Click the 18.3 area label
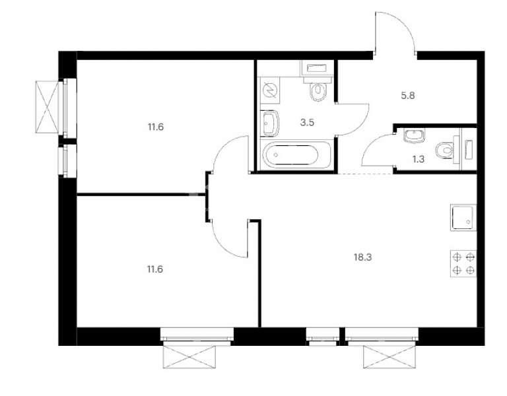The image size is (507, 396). [x=363, y=257]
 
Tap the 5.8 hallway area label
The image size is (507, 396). [x=408, y=96]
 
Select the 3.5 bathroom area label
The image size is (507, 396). [x=307, y=123]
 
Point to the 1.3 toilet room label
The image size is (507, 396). [x=419, y=159]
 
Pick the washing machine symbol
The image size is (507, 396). [x=269, y=90]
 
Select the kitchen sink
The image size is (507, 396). [x=463, y=218]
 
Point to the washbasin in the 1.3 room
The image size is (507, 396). [x=414, y=135]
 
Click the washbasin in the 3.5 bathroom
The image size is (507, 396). [x=270, y=123]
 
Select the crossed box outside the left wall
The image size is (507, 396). [x=48, y=107]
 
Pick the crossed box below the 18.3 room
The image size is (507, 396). [x=390, y=357]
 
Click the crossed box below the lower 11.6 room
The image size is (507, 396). [x=189, y=357]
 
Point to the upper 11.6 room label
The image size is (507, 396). [x=156, y=127]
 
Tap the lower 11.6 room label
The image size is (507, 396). [x=155, y=269]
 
